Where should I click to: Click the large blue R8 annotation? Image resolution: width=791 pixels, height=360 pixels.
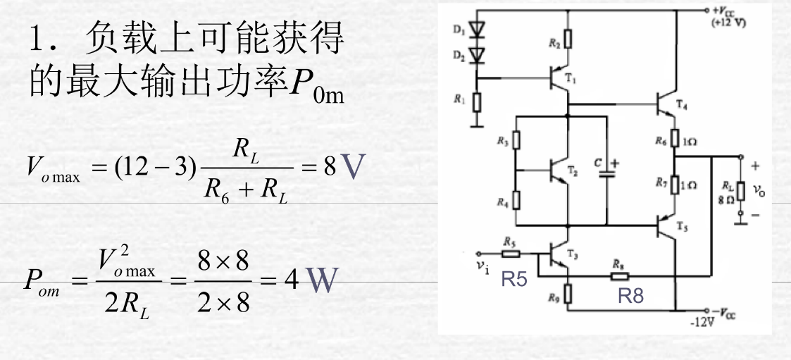click(x=630, y=297)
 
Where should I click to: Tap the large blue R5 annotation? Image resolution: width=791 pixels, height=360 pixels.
click(x=513, y=281)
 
